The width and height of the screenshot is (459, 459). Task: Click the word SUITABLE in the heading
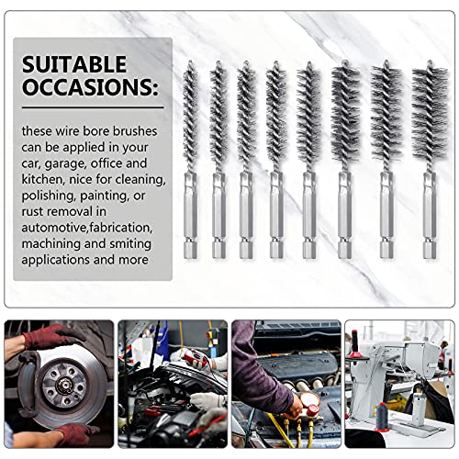[75, 65]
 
